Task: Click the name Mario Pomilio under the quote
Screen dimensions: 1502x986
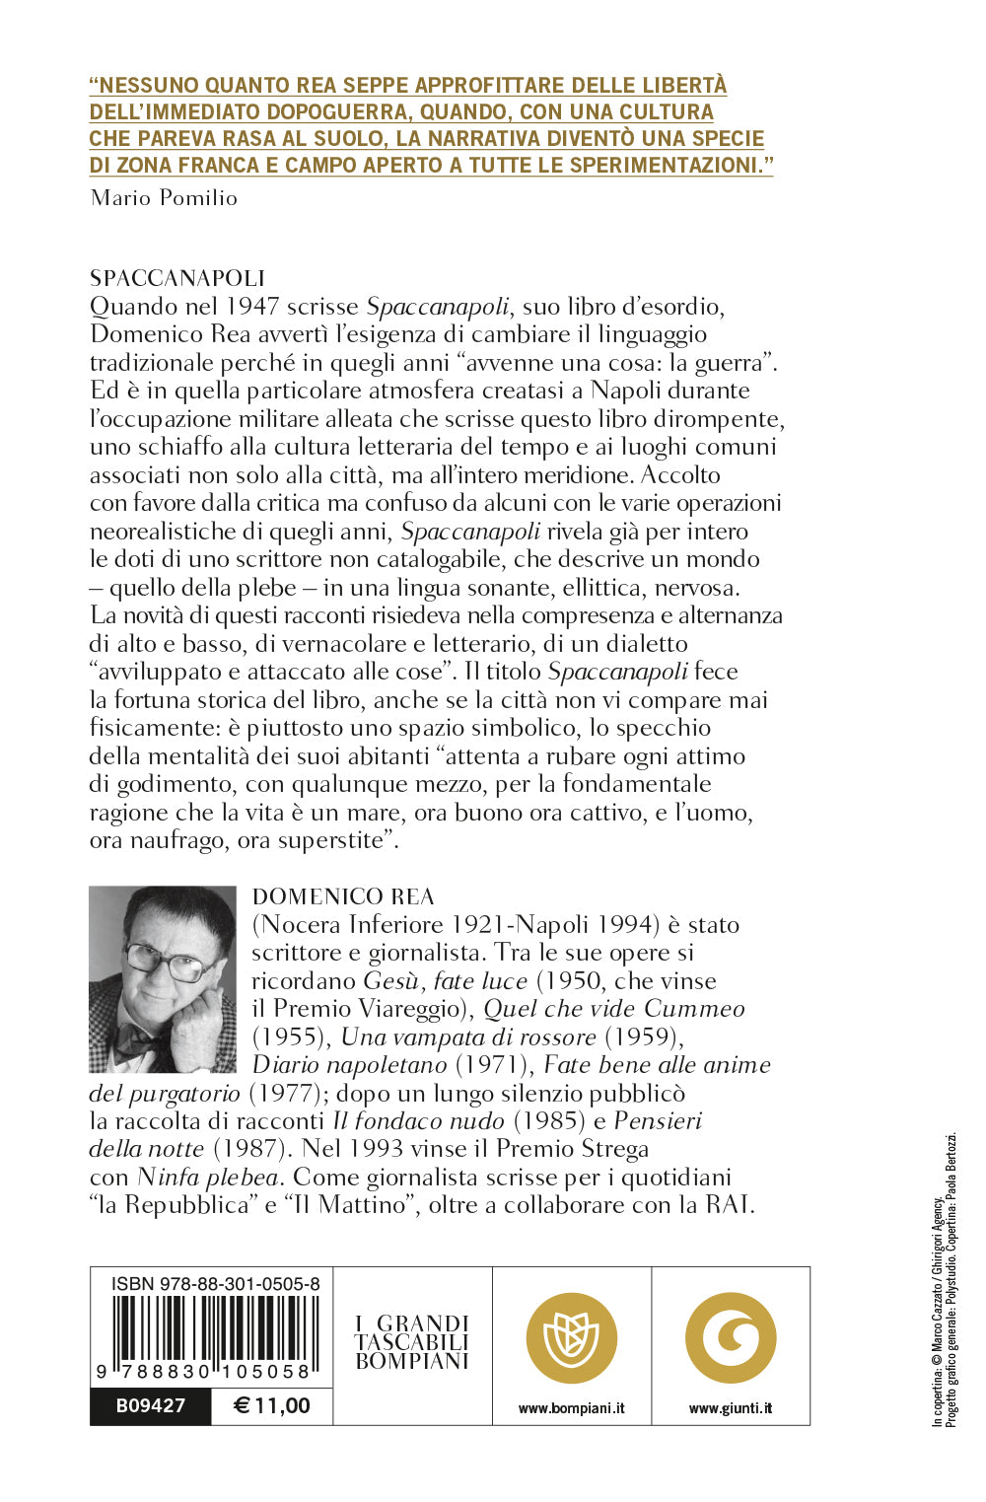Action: [x=164, y=198]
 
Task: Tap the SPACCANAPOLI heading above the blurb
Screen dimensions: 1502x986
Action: [x=177, y=278]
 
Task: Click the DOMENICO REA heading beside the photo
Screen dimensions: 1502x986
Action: [x=343, y=896]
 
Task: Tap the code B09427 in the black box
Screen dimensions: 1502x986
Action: [x=151, y=1405]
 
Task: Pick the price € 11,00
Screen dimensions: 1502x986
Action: [x=272, y=1405]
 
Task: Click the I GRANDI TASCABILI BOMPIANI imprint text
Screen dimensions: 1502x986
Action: [x=412, y=1342]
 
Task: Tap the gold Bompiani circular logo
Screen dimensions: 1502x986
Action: [x=572, y=1338]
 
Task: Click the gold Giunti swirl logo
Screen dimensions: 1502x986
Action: [x=731, y=1338]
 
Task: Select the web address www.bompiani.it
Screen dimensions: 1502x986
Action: [x=572, y=1408]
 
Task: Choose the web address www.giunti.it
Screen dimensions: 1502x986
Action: [x=731, y=1408]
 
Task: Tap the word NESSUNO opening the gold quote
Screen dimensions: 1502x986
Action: [x=147, y=86]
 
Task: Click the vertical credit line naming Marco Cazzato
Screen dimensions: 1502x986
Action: [x=938, y=1312]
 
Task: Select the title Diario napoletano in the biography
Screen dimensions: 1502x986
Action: [x=350, y=1065]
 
